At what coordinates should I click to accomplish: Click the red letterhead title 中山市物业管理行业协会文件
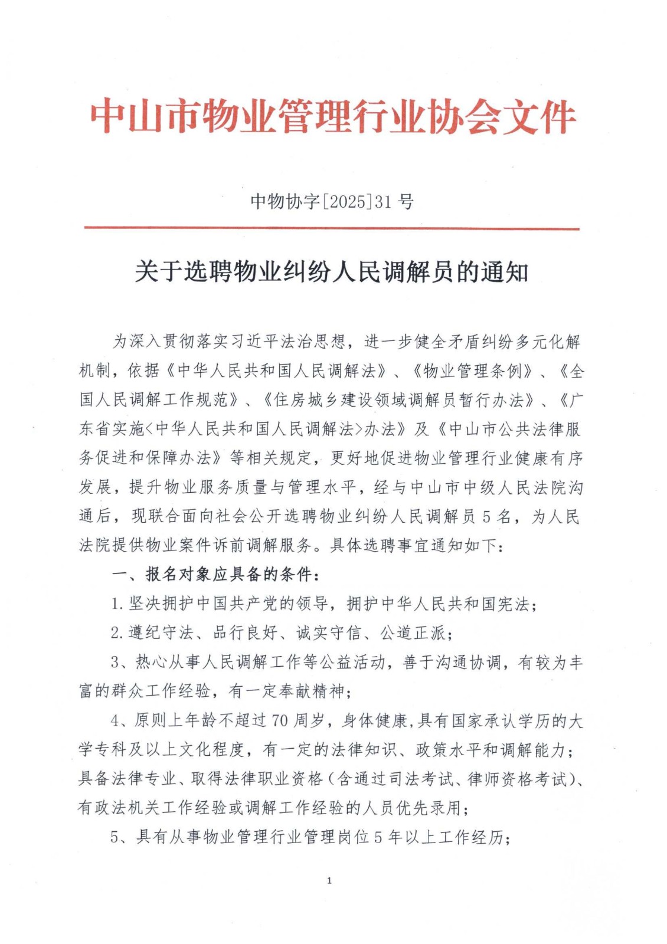(x=333, y=117)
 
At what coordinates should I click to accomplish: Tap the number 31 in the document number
(x=384, y=202)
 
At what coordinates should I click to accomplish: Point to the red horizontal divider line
(x=332, y=228)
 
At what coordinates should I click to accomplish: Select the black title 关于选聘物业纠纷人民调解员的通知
(x=332, y=273)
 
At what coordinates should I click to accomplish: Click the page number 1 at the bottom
(x=329, y=881)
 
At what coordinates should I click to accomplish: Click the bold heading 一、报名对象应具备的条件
(x=217, y=574)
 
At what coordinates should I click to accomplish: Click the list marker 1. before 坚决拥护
(x=117, y=604)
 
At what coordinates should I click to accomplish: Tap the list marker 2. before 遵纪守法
(x=117, y=633)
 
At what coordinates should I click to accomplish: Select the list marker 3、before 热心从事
(x=120, y=663)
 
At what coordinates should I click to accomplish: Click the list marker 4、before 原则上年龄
(x=120, y=720)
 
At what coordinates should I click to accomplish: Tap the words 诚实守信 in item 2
(x=329, y=633)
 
